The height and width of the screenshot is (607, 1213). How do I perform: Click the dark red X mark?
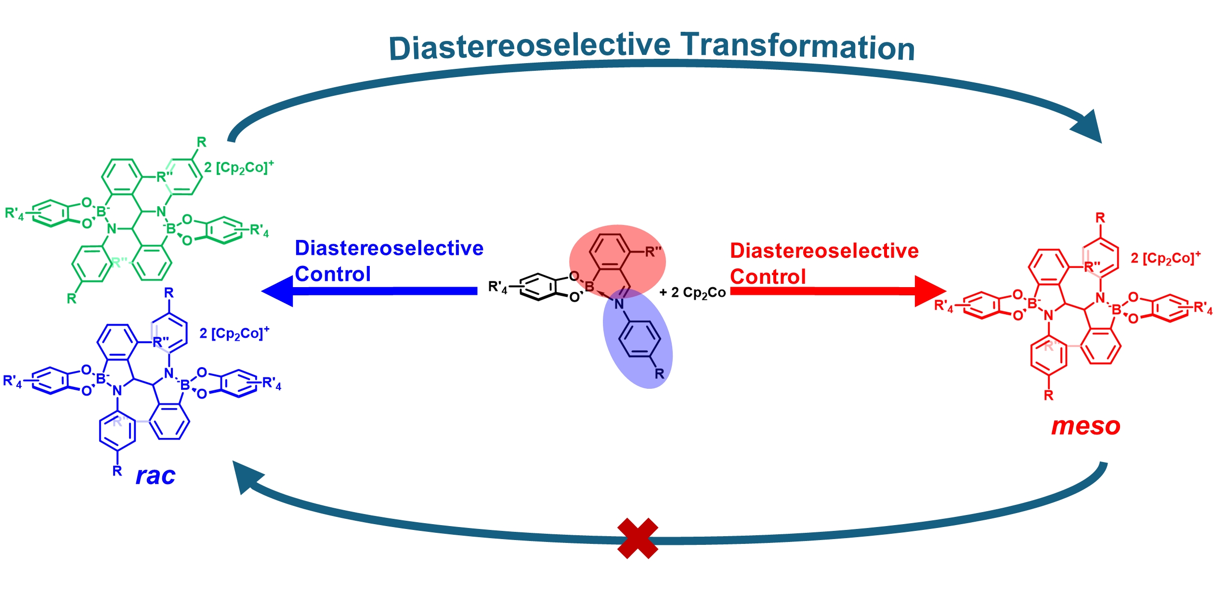[x=637, y=538]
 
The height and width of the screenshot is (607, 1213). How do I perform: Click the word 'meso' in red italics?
[x=1085, y=426]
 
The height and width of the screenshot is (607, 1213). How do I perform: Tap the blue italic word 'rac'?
[x=155, y=476]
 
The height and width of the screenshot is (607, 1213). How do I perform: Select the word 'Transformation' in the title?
[x=798, y=47]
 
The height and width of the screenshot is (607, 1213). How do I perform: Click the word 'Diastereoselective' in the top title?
[x=529, y=47]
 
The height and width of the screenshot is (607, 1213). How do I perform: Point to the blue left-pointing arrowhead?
[x=278, y=291]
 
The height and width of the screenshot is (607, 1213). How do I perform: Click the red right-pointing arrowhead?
[x=930, y=291]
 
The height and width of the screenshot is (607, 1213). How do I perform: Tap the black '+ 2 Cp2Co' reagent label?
[x=692, y=293]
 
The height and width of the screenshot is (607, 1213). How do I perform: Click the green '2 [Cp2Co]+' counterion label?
[x=239, y=168]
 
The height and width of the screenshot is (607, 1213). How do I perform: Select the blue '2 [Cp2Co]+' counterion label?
[x=234, y=333]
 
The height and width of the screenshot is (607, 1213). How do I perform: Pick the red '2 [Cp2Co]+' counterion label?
[x=1165, y=258]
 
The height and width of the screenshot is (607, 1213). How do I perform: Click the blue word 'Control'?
[x=333, y=274]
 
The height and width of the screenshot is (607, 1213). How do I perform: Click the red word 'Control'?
[x=768, y=277]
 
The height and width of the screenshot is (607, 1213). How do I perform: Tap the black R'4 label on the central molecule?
[x=497, y=287]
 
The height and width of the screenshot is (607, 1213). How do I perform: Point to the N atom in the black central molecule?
[x=619, y=304]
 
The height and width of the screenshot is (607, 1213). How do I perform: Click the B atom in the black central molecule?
[x=589, y=287]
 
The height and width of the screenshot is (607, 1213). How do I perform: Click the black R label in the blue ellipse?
[x=659, y=373]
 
